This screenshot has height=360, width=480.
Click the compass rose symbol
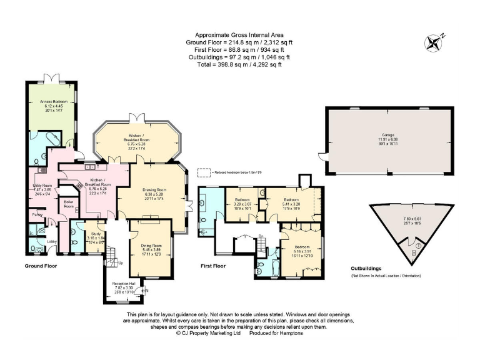pos(432,42)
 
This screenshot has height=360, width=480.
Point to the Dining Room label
pos(152,246)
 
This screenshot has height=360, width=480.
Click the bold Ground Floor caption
pos(41,266)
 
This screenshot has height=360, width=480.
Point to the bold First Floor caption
pos(214,266)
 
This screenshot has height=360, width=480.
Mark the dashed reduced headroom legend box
pos(204,172)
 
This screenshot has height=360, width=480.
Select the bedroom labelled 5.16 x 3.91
pos(302,247)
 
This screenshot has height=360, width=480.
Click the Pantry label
pos(37,214)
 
